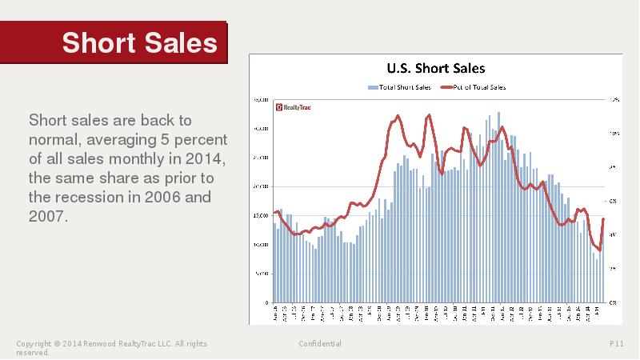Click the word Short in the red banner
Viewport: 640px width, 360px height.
click(x=98, y=42)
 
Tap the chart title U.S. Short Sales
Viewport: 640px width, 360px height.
click(x=436, y=69)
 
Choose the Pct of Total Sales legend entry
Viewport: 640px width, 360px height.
click(x=478, y=86)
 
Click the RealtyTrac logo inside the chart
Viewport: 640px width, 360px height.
click(x=292, y=106)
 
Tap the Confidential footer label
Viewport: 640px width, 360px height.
click(x=320, y=344)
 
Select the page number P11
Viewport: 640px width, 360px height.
click(x=616, y=344)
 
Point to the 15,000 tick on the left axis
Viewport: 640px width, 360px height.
click(x=260, y=216)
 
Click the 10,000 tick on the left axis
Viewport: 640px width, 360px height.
click(x=260, y=245)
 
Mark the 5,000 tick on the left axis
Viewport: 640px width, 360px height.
click(x=262, y=274)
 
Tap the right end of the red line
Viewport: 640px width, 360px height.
click(x=603, y=219)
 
